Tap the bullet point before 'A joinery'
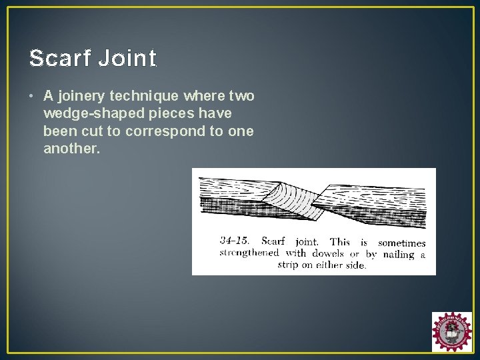32,97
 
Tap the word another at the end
71,148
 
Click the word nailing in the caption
399,254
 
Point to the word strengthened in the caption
251,253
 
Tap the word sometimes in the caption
401,243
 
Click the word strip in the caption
291,265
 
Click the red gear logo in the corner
451,331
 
